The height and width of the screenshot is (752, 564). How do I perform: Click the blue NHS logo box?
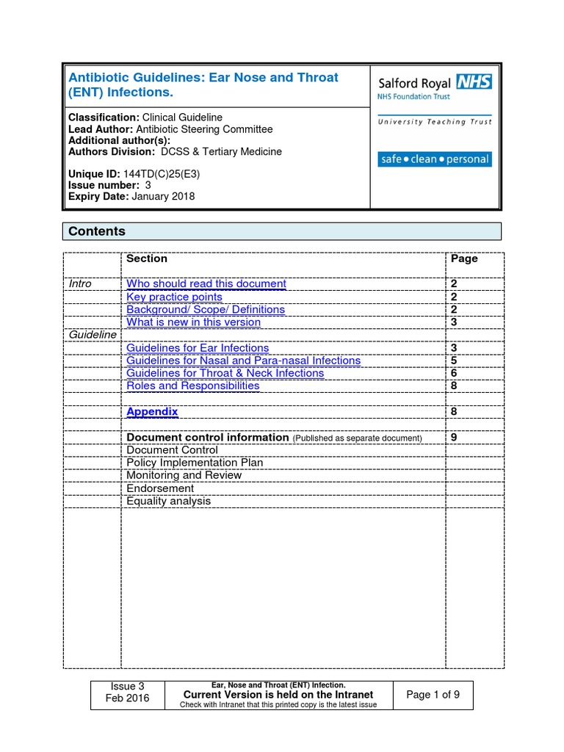[474, 81]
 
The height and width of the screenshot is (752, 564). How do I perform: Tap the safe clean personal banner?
[434, 159]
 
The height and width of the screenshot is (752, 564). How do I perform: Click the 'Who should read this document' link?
[206, 283]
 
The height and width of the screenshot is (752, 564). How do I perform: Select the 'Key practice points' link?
[174, 297]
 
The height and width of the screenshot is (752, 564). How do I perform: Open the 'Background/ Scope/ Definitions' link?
[206, 309]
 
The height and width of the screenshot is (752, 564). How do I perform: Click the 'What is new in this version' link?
[193, 322]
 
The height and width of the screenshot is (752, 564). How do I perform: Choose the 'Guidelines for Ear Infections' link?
[198, 347]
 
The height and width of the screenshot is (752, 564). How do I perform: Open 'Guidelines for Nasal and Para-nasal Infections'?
[243, 361]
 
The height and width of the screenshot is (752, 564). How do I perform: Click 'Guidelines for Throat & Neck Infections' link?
[225, 373]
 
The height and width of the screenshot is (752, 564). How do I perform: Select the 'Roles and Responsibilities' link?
[192, 386]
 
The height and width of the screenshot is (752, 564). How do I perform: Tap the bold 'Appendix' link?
[152, 411]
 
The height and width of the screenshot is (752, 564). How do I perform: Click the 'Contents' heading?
[97, 231]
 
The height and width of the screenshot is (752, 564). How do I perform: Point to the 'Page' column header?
[463, 258]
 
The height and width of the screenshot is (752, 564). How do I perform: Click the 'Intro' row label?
[80, 283]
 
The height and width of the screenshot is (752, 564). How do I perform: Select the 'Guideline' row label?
[93, 334]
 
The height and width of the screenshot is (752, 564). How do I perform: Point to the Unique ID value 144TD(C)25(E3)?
[162, 174]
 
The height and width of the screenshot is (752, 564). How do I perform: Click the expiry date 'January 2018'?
[163, 196]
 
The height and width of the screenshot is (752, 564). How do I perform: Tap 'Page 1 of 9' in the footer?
[433, 695]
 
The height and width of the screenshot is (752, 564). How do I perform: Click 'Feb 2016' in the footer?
[126, 698]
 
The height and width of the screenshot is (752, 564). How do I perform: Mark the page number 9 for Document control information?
[453, 437]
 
